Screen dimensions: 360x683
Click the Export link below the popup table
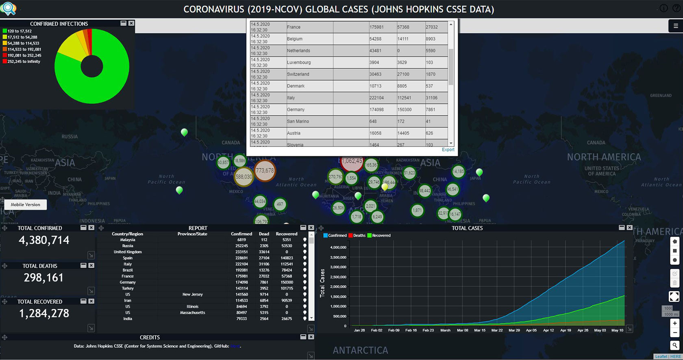tap(448, 150)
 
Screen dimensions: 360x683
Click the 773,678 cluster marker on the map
tap(265, 171)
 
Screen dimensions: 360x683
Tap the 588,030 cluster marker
tap(244, 177)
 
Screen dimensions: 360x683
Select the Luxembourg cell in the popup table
tap(299, 63)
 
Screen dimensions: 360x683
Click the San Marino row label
tap(298, 122)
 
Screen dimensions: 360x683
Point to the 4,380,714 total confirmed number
tap(44, 240)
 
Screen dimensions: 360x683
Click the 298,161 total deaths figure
tap(44, 278)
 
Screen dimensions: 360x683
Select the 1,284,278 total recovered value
tap(44, 314)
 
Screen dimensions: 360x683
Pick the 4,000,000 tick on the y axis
tap(338, 247)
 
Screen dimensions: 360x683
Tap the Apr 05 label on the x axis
tap(531, 330)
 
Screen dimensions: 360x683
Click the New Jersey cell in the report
tap(192, 295)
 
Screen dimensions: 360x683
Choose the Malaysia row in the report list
tap(128, 240)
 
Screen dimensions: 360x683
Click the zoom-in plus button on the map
tap(674, 323)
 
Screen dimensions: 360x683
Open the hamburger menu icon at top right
tap(676, 26)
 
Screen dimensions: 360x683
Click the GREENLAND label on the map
tap(661, 96)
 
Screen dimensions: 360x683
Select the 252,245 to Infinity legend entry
tap(24, 62)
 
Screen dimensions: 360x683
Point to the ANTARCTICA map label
tap(360, 350)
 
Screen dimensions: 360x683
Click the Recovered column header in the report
tap(287, 234)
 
